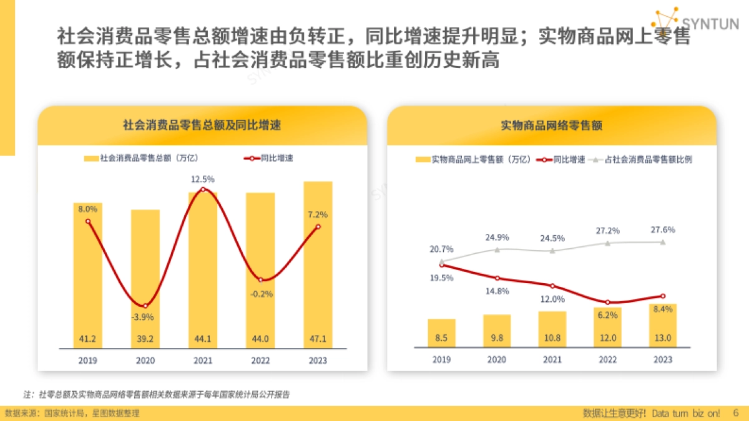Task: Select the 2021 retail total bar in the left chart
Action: coord(203,274)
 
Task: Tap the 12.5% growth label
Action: coord(203,180)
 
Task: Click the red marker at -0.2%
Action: coord(261,280)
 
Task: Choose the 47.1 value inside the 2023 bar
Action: coord(318,339)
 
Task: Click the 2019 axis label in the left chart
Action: coord(87,361)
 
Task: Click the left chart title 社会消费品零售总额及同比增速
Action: coord(202,125)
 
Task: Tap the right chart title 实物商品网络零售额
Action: coord(552,125)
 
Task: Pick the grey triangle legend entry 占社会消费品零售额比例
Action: coord(642,160)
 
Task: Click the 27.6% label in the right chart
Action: coord(663,230)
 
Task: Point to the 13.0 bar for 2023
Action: coord(663,324)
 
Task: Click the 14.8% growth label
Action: coord(497,291)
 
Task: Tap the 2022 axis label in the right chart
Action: coord(607,360)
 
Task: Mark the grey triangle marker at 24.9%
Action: coord(497,249)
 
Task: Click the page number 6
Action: coord(735,413)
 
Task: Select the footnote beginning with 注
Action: coord(157,394)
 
